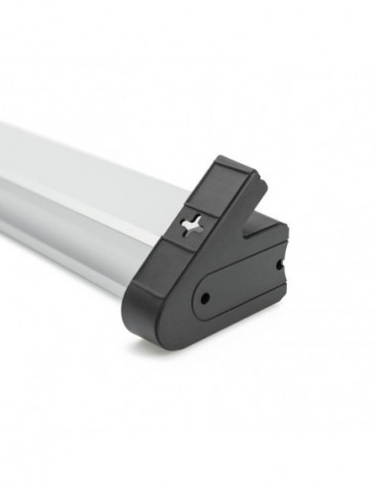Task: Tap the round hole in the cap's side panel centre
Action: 206,296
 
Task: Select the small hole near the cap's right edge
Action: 279,264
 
